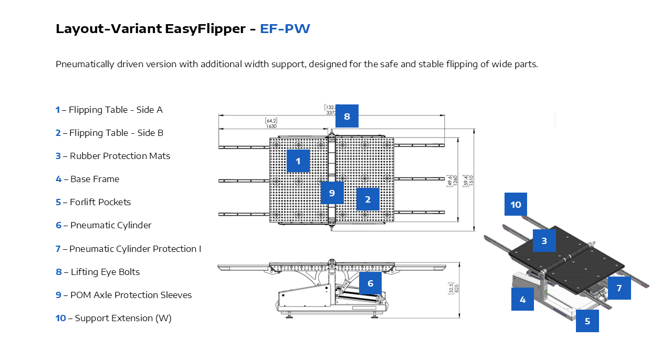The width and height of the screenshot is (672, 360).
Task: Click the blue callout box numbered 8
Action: coord(346,116)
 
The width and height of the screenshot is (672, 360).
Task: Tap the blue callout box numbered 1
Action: coord(298,161)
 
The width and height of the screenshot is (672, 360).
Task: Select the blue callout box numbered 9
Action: coord(332,193)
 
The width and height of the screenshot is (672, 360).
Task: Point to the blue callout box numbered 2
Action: coord(367,199)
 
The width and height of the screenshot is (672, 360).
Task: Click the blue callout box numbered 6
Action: coord(370,283)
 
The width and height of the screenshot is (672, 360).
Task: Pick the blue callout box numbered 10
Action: coord(516,204)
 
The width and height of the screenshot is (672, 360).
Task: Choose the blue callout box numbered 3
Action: coord(544,241)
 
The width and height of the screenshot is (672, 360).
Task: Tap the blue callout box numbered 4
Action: coord(522,299)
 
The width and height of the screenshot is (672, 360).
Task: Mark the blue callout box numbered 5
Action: coord(587,321)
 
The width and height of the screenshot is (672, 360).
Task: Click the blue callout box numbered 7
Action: coord(619,288)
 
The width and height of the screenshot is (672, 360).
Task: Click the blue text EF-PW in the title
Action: coord(285,28)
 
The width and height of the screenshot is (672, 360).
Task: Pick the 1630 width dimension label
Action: coord(271,126)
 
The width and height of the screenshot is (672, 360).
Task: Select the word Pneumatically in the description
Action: coord(85,64)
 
